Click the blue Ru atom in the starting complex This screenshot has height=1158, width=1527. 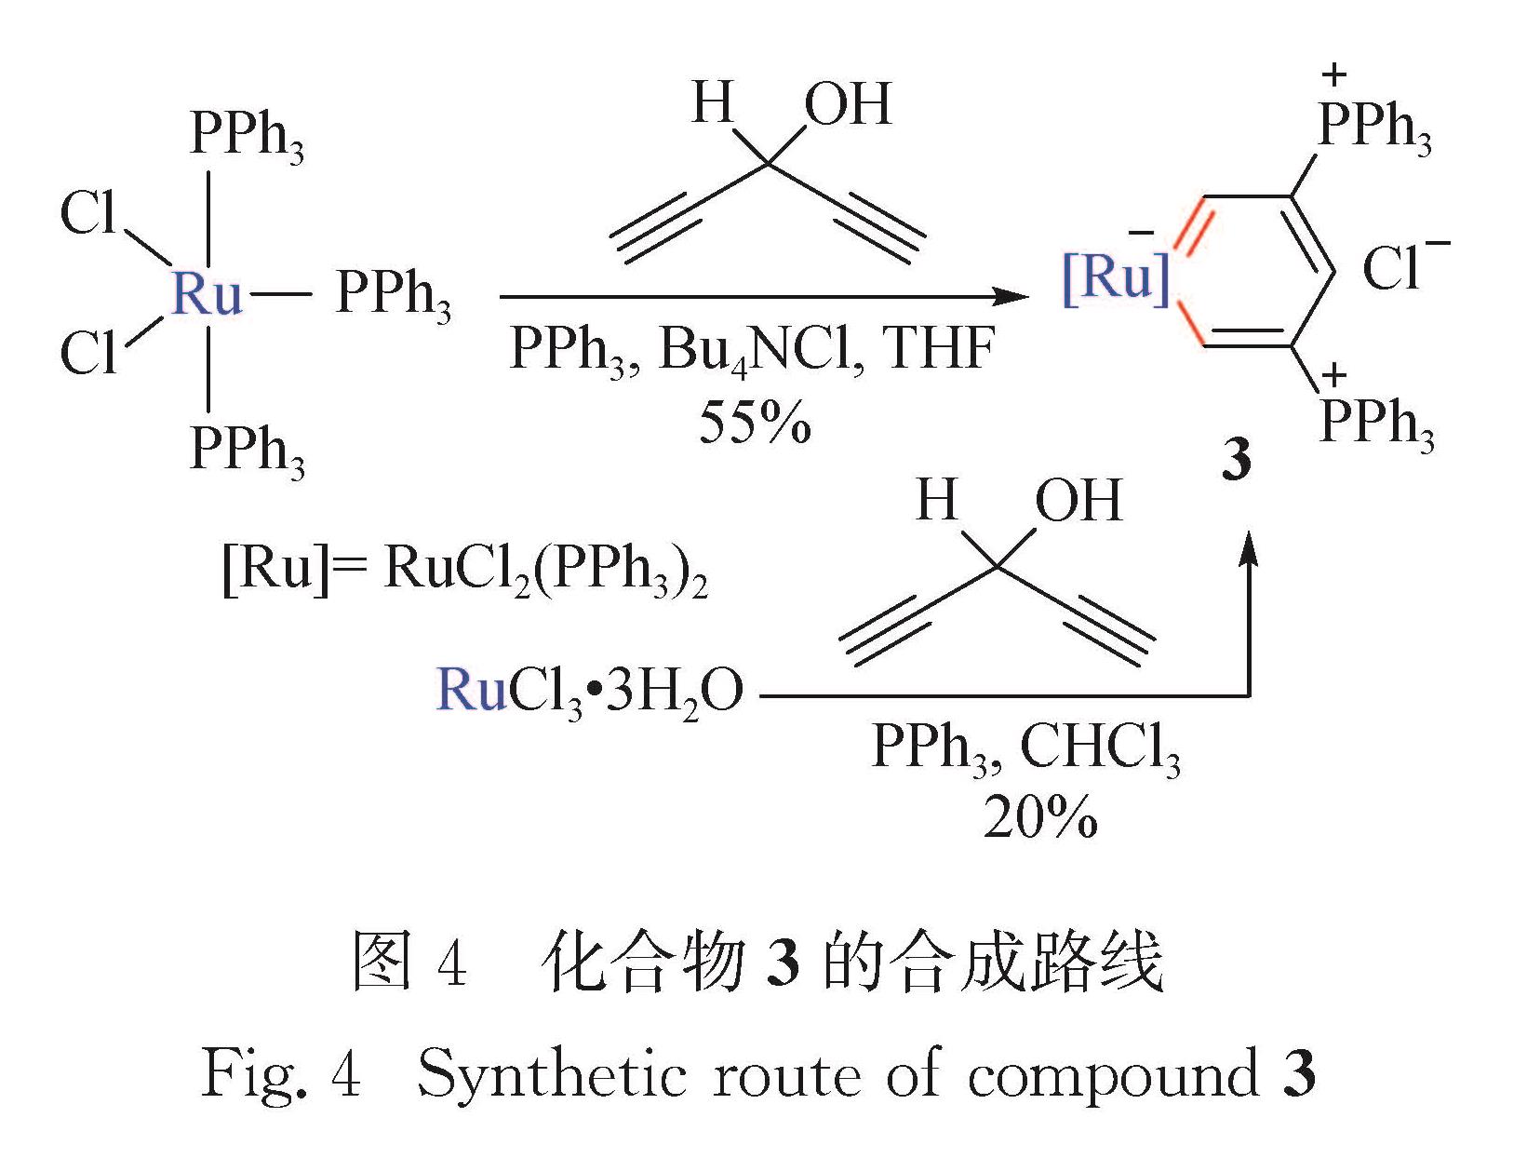click(x=207, y=295)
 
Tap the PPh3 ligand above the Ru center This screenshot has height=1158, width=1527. click(x=247, y=136)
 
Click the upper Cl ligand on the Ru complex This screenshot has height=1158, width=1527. click(x=88, y=214)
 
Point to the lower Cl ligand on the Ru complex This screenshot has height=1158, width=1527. click(x=88, y=354)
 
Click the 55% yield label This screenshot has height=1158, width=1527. click(x=755, y=423)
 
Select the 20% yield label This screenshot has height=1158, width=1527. click(x=1040, y=819)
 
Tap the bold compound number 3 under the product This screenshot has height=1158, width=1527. click(x=1236, y=460)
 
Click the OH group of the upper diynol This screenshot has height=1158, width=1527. click(x=848, y=104)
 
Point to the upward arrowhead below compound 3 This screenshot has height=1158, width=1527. click(x=1248, y=551)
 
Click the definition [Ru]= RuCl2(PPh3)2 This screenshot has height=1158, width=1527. click(x=464, y=570)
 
